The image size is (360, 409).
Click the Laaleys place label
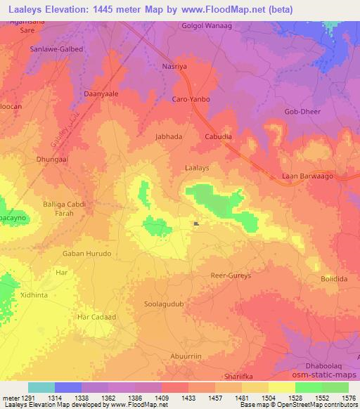[x=195, y=169]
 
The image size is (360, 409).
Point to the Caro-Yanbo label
[x=191, y=100]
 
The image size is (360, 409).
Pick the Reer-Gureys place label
[x=230, y=277]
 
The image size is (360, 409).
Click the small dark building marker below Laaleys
[x=196, y=225]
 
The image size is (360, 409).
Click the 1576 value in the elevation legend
[x=347, y=398]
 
